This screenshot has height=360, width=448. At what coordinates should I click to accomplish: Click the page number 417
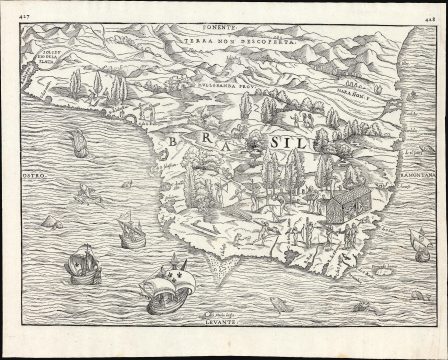point(10,11)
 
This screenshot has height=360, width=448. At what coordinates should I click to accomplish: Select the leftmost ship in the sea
point(74,267)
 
